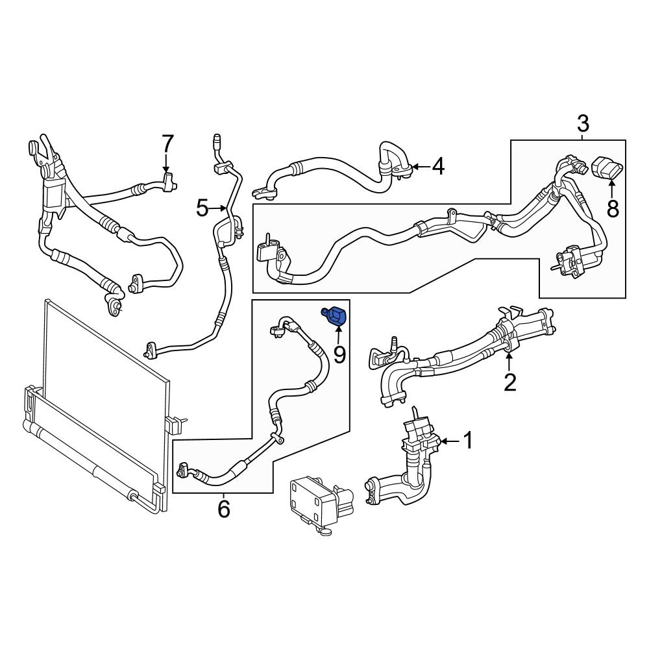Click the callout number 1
point(468,441)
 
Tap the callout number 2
point(510,382)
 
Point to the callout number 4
point(438,166)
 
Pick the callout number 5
point(202,208)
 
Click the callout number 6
point(223,509)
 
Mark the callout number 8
point(613,208)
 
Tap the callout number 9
point(339,355)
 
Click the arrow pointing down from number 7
point(166,163)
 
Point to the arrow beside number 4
point(421,167)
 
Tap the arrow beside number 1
point(450,441)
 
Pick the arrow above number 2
point(509,361)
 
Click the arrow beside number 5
point(219,208)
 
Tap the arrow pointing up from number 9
point(338,336)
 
